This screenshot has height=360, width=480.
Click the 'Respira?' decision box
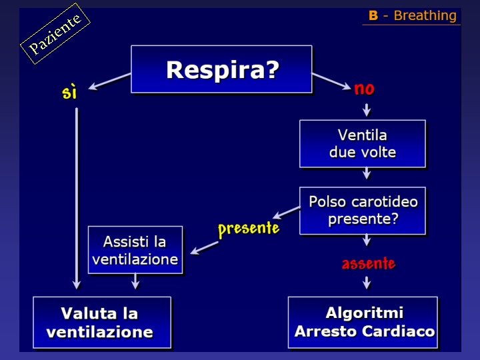tap(221, 69)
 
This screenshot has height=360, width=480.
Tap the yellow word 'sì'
tap(69, 92)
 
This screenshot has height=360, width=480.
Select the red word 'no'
tap(364, 89)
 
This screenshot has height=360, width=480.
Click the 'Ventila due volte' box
tap(362, 143)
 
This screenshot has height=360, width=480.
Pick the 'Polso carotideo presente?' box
tap(362, 211)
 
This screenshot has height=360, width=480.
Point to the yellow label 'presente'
tap(248, 229)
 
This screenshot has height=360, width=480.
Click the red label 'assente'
tap(368, 263)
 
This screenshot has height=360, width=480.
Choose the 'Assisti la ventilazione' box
tap(135, 250)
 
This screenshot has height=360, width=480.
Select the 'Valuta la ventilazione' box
tap(101, 322)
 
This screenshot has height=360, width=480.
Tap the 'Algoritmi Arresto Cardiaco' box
tap(363, 322)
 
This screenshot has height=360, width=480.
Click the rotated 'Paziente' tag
tap(55, 34)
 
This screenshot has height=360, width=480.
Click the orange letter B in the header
tap(373, 16)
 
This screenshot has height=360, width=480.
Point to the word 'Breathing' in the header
tap(425, 16)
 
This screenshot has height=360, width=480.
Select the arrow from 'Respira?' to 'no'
tap(331, 81)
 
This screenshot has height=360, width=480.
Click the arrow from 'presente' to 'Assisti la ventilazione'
tap(205, 247)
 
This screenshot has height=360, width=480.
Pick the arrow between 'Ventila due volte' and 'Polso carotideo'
tap(367, 175)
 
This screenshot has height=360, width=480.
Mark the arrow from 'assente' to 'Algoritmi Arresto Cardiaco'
tap(367, 282)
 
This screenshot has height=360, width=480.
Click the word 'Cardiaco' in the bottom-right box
tap(402, 331)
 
